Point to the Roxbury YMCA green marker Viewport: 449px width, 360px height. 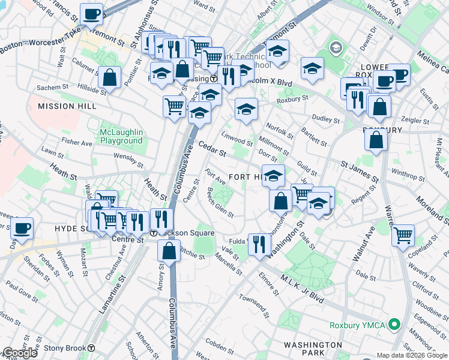[x=394, y=326]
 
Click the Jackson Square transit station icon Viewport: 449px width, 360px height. [x=154, y=233]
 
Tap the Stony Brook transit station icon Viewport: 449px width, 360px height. [x=91, y=347]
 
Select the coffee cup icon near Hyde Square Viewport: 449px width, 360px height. [x=22, y=229]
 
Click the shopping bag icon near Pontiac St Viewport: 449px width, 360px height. [x=109, y=77]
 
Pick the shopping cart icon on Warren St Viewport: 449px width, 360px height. [x=403, y=234]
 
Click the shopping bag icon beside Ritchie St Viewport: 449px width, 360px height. [x=169, y=250]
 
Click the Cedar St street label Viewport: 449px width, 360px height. [x=212, y=150]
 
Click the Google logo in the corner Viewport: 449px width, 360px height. [x=20, y=353]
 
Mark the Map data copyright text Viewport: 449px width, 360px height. [x=412, y=355]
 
